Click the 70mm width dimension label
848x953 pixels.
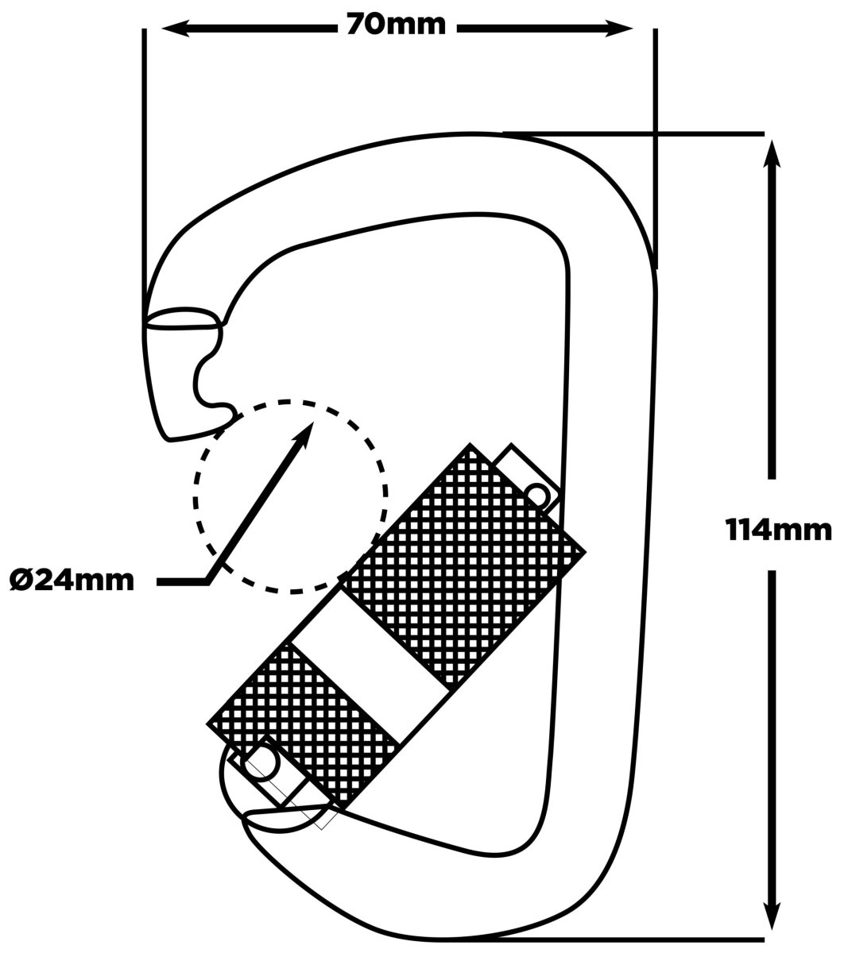click(396, 25)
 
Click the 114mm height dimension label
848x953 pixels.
click(779, 531)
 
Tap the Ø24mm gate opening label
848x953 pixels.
click(72, 581)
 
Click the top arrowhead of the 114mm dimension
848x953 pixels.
click(772, 153)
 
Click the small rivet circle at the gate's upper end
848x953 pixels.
click(536, 495)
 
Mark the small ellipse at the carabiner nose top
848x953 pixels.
click(184, 318)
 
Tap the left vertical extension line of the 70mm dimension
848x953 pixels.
click(145, 176)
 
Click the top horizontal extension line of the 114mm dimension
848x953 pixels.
click(633, 134)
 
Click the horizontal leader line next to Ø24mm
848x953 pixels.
click(182, 582)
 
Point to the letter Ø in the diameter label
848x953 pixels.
click(20, 581)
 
